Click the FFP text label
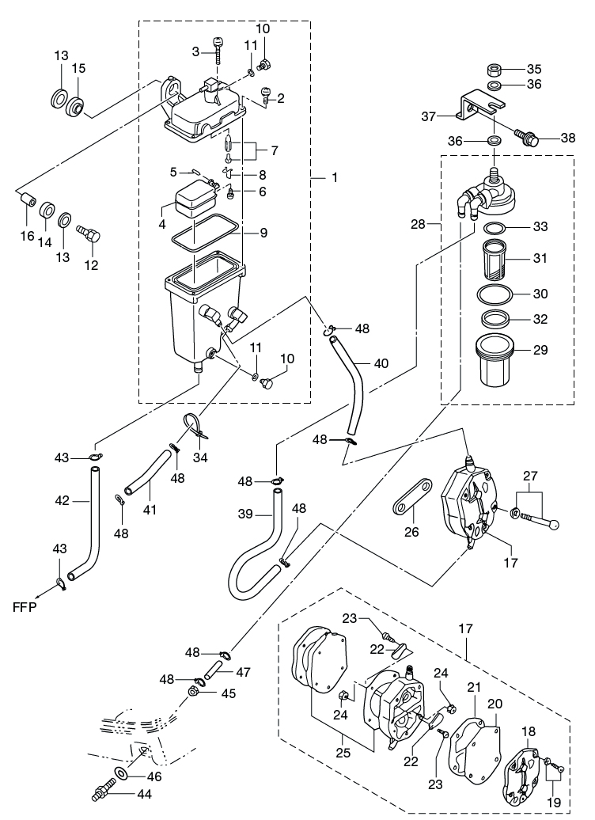(25, 607)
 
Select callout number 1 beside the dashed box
(335, 178)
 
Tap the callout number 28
(419, 224)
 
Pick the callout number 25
(343, 754)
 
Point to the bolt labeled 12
(89, 233)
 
